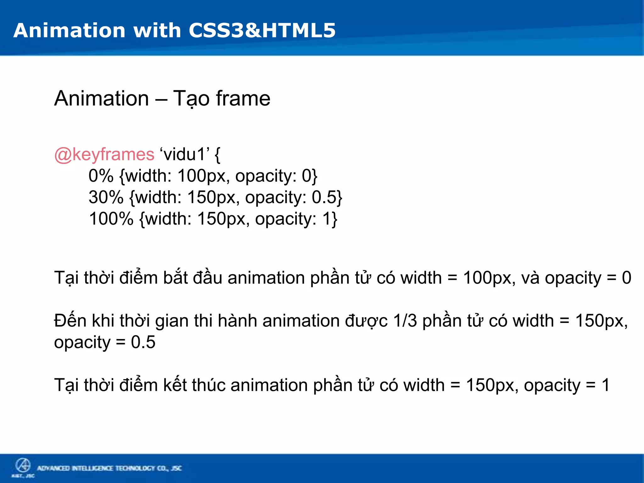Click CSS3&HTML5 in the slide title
[x=262, y=31]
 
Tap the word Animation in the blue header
[x=69, y=31]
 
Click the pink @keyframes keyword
[x=104, y=154]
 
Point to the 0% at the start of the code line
[x=101, y=176]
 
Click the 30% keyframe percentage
[x=106, y=197]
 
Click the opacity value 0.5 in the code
[x=324, y=197]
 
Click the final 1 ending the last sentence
[x=606, y=385]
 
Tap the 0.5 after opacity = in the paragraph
[x=143, y=342]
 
